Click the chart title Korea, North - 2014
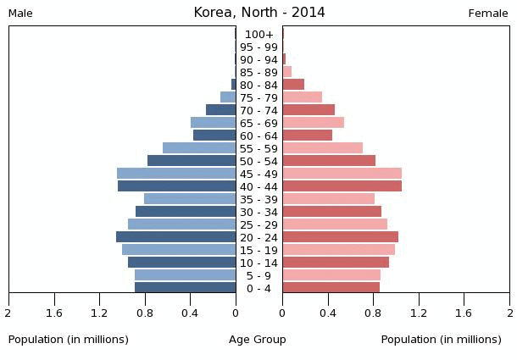click(x=258, y=13)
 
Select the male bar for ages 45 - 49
click(x=176, y=174)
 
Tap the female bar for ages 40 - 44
click(x=342, y=186)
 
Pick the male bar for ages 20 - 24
click(x=176, y=237)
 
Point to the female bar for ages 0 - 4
click(x=331, y=288)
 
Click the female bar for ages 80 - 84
click(x=293, y=85)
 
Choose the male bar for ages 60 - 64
click(x=214, y=136)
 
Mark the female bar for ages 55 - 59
click(x=322, y=148)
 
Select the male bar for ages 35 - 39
click(x=190, y=199)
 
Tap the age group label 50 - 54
click(x=258, y=161)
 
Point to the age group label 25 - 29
click(x=258, y=224)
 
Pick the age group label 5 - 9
click(x=258, y=275)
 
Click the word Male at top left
click(x=20, y=14)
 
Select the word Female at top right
click(x=488, y=14)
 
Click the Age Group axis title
click(x=258, y=340)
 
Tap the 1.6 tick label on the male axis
click(x=54, y=313)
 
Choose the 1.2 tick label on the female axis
click(x=419, y=313)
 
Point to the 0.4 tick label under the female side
click(x=327, y=313)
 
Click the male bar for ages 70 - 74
click(x=220, y=110)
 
